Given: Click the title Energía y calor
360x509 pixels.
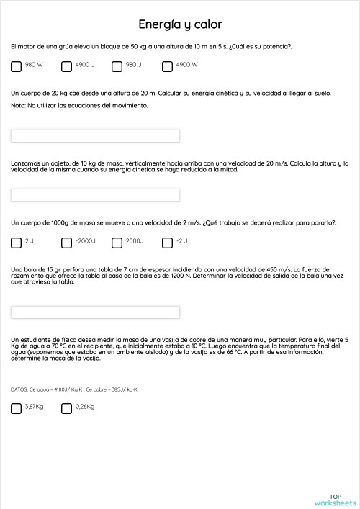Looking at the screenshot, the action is point(180,24).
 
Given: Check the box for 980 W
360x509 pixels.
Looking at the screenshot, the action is point(17,66).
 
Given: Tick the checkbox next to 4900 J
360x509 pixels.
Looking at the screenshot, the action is point(67,66).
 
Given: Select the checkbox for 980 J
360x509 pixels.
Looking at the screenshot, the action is point(117,66).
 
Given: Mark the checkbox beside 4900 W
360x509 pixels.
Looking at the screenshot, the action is point(168,66).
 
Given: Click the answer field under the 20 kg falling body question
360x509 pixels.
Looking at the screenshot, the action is point(96,135).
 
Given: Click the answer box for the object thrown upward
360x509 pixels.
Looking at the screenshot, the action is point(96,195).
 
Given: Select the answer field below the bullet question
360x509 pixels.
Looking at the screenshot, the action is point(96,312).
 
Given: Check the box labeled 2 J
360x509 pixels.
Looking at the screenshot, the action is point(17,242).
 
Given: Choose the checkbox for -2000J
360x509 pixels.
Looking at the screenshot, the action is point(67,242).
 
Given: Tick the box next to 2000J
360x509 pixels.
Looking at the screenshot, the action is point(117,242).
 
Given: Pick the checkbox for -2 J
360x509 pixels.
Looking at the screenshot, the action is point(168,242).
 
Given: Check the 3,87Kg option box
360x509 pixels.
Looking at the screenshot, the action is point(17,408).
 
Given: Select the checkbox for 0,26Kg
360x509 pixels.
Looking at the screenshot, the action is point(67,408).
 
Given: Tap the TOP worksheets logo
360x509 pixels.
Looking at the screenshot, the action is point(336,499).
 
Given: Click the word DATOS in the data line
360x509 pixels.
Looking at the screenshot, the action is point(19,389).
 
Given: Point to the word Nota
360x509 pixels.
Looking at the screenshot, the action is point(18,105).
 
